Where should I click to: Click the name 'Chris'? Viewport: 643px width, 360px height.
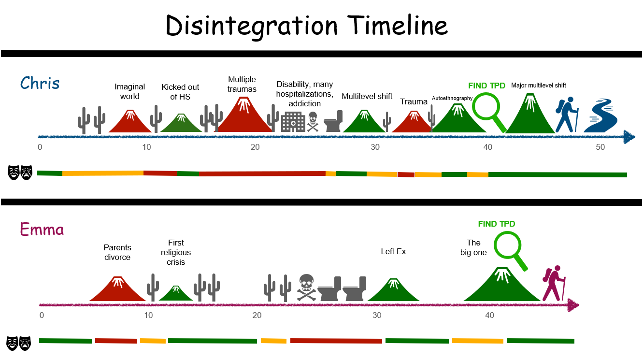[40, 83]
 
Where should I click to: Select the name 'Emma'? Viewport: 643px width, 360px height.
[42, 229]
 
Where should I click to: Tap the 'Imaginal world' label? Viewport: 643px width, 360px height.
[129, 91]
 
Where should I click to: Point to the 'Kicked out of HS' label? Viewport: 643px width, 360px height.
[180, 92]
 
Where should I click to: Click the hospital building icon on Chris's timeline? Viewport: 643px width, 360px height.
[293, 122]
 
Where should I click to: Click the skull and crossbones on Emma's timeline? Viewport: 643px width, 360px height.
[307, 287]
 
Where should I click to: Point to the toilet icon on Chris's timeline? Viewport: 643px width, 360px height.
[333, 121]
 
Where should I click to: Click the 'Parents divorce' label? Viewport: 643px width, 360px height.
[117, 253]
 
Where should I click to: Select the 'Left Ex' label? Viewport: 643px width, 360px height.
[393, 251]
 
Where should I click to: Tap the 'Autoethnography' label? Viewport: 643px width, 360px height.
[452, 98]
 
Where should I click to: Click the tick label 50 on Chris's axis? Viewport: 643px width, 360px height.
[600, 147]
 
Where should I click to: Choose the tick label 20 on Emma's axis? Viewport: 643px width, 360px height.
[257, 316]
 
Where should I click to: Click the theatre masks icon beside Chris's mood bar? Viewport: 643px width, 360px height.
[20, 172]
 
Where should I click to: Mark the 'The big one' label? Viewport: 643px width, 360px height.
[473, 247]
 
